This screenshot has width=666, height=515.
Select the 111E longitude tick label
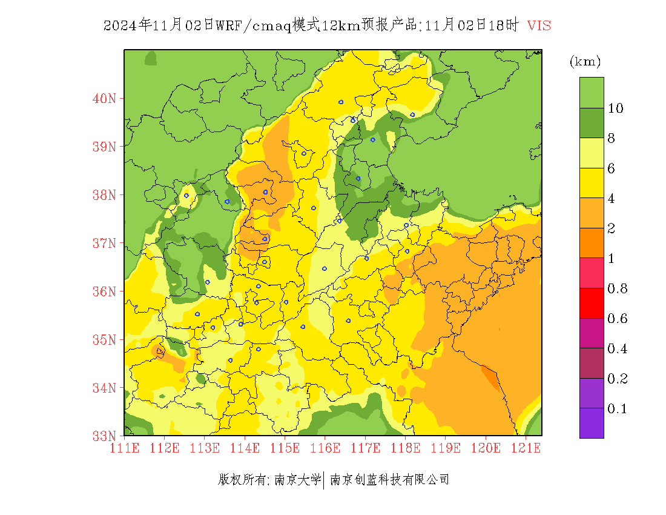(124, 448)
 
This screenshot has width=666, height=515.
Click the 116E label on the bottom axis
(325, 448)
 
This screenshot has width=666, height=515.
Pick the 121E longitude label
(526, 448)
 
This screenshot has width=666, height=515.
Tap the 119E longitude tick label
(446, 448)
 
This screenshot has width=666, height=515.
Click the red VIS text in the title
(538, 25)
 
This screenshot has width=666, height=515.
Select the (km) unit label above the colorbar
(585, 62)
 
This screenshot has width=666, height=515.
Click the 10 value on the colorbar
(616, 108)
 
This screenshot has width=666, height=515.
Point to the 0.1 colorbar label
(617, 409)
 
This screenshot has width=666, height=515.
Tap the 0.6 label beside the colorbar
(617, 319)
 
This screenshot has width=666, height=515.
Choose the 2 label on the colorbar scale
(612, 228)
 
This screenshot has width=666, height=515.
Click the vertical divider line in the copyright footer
(325, 480)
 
